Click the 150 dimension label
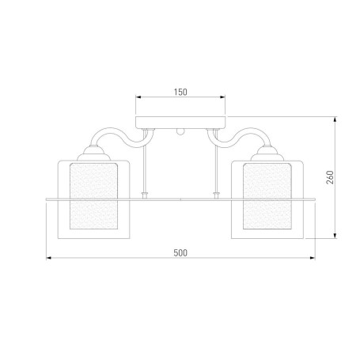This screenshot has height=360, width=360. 180,92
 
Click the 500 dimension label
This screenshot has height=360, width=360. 180,253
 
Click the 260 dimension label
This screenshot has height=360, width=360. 330,177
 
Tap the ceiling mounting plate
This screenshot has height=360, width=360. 180,123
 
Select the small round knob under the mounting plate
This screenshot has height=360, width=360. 180,132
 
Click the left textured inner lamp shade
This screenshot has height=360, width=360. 93,196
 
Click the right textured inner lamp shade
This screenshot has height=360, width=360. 267,196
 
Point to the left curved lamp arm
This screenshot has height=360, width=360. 121,136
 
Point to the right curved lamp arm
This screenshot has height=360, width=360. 239,136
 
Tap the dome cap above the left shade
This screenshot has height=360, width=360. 93,153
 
